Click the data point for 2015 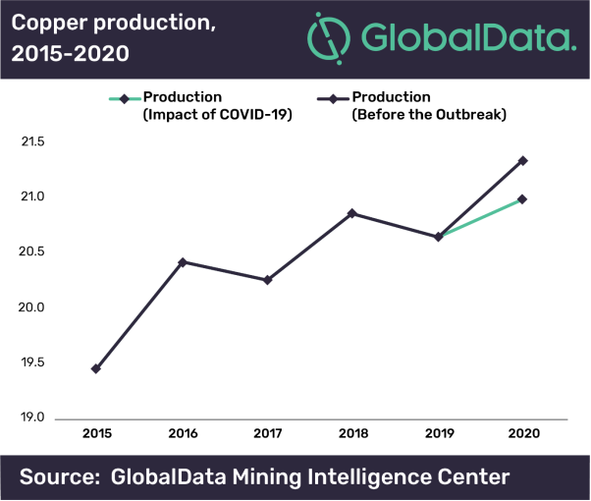tap(95, 369)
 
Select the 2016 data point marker tap(182, 262)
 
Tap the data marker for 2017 tap(267, 280)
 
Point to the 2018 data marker tap(352, 213)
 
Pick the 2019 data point tap(438, 237)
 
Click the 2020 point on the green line tap(523, 199)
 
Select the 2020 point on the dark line tap(523, 160)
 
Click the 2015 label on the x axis tap(96, 433)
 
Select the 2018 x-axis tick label tap(352, 433)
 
